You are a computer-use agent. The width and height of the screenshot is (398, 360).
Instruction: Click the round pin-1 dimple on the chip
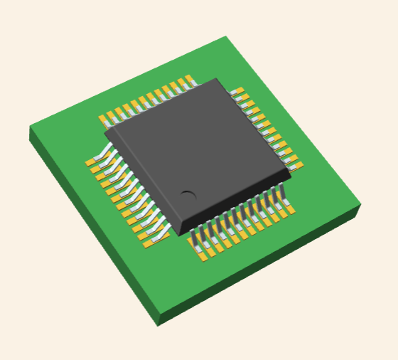coord(188,194)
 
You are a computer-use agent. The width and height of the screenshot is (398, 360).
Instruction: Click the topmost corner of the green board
coord(225,36)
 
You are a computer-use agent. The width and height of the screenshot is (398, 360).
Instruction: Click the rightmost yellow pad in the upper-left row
coord(190,80)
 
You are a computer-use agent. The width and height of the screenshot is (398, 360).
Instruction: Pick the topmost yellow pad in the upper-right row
coord(239,91)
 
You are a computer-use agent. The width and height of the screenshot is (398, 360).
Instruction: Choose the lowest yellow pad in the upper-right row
coord(297,166)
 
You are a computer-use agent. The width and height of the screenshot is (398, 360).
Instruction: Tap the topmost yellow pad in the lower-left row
coord(91,162)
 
